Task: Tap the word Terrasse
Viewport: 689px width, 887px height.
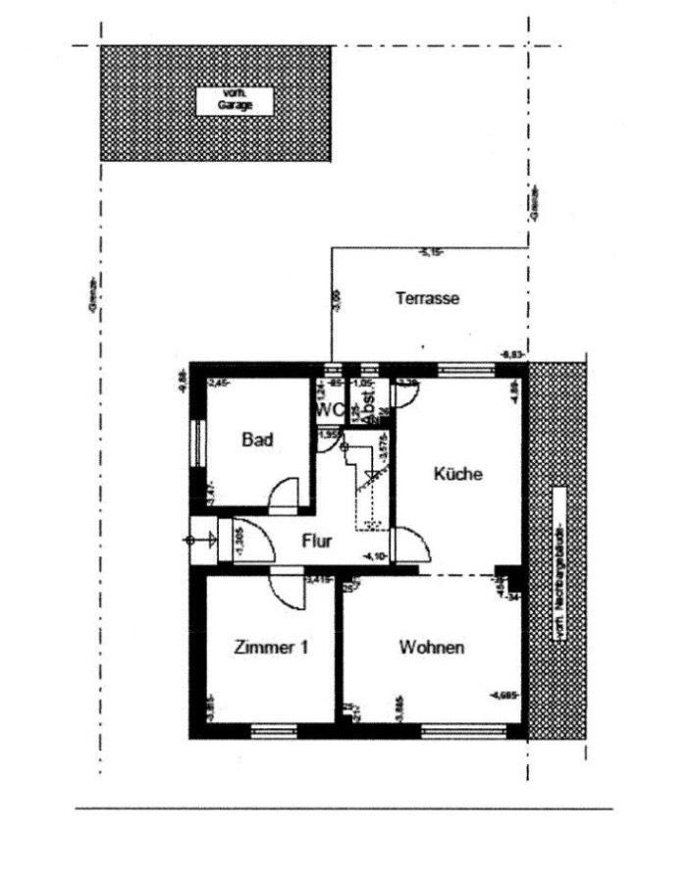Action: tap(428, 298)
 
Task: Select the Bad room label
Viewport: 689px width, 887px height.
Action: tap(257, 440)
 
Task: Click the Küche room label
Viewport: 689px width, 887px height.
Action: tap(458, 474)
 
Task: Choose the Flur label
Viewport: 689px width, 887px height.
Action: tap(316, 540)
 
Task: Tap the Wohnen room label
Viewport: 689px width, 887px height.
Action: tap(432, 648)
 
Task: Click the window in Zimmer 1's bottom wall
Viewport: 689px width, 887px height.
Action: tap(274, 729)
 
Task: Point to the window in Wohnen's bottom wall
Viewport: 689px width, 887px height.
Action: tap(463, 729)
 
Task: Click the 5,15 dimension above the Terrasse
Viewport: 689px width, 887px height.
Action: tap(429, 253)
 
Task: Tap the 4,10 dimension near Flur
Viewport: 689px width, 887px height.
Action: tap(373, 556)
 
